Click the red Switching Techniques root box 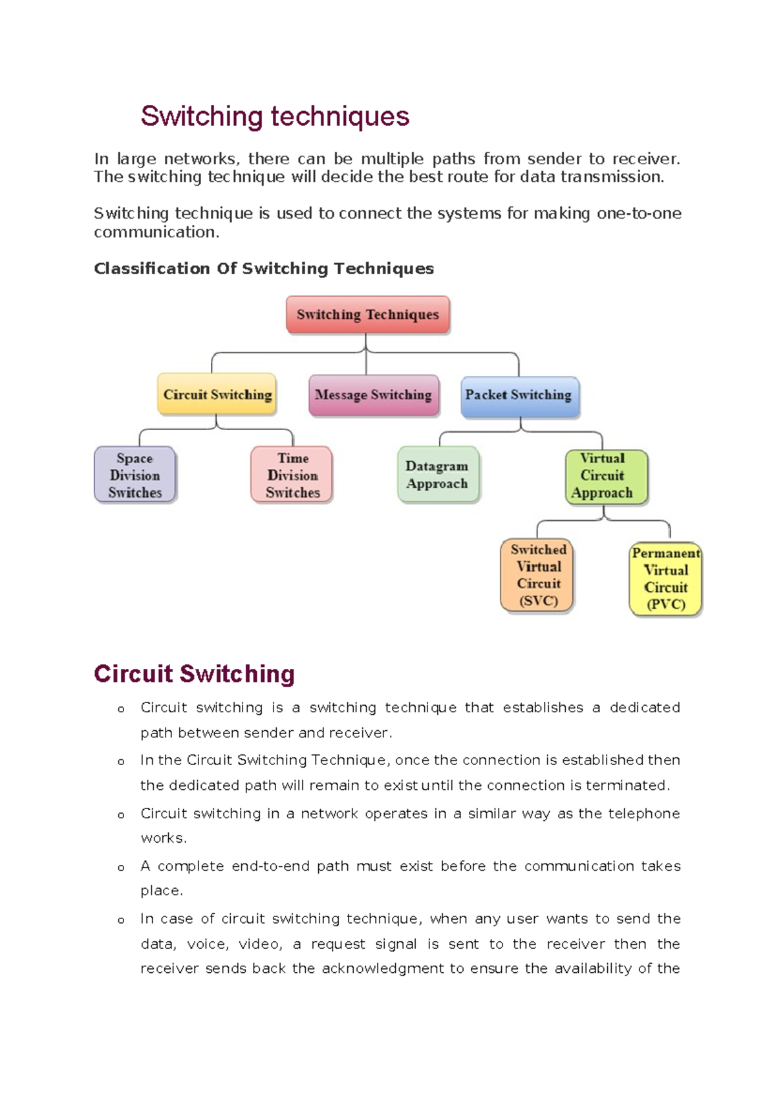pyautogui.click(x=367, y=315)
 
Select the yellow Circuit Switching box pyautogui.click(x=217, y=395)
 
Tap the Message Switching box pyautogui.click(x=373, y=395)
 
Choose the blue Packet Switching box pyautogui.click(x=519, y=395)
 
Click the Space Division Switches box pyautogui.click(x=135, y=475)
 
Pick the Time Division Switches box pyautogui.click(x=292, y=475)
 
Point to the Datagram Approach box pyautogui.click(x=437, y=475)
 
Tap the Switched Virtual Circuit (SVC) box pyautogui.click(x=538, y=575)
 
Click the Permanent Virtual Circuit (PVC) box pyautogui.click(x=665, y=579)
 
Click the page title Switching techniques pyautogui.click(x=275, y=116)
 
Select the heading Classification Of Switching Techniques pyautogui.click(x=264, y=268)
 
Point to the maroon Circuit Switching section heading pyautogui.click(x=194, y=674)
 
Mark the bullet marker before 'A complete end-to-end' pyautogui.click(x=121, y=868)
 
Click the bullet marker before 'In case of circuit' pyautogui.click(x=121, y=920)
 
